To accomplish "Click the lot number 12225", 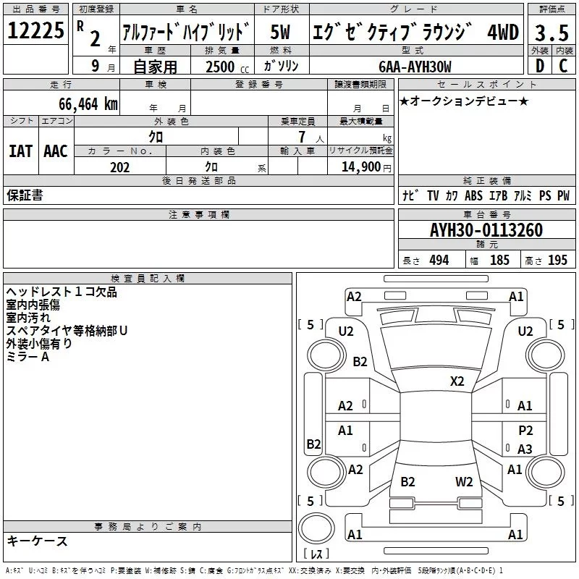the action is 35,30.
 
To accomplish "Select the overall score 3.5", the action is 551,33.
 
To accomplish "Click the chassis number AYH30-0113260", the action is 486,230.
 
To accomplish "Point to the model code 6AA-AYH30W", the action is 415,67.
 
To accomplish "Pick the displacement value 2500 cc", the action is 227,67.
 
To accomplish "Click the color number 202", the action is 119,167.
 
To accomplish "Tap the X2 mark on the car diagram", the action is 457,381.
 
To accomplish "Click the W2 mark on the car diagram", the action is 464,481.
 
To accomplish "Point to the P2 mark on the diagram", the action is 525,430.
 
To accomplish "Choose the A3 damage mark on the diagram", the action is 525,449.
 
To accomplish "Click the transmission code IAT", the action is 20,151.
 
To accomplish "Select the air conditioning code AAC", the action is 56,151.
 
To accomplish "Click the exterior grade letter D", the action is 538,67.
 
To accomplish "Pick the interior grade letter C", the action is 563,67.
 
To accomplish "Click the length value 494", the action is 439,261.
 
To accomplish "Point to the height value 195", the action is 557,261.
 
